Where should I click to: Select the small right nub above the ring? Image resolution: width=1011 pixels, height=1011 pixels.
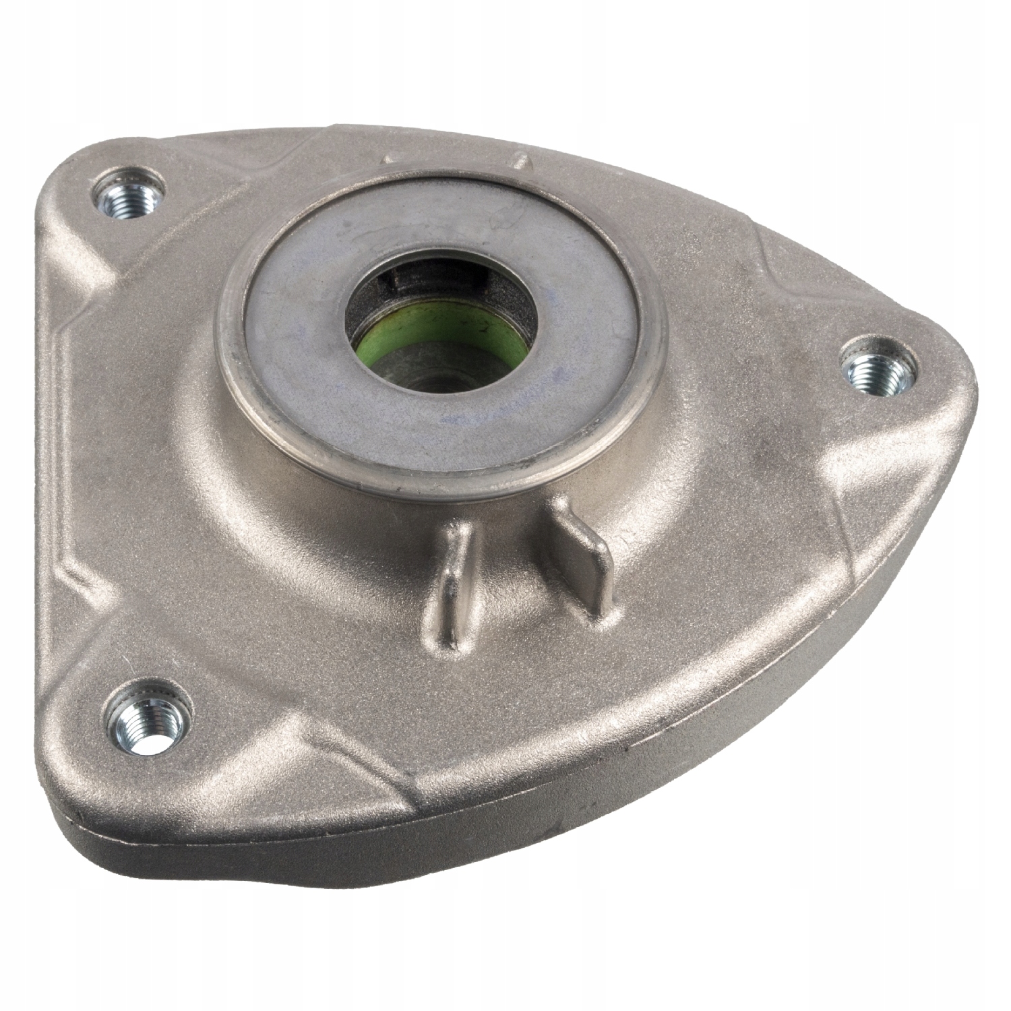click(x=520, y=162)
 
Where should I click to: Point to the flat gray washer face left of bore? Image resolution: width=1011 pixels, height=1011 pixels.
click(x=297, y=324)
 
